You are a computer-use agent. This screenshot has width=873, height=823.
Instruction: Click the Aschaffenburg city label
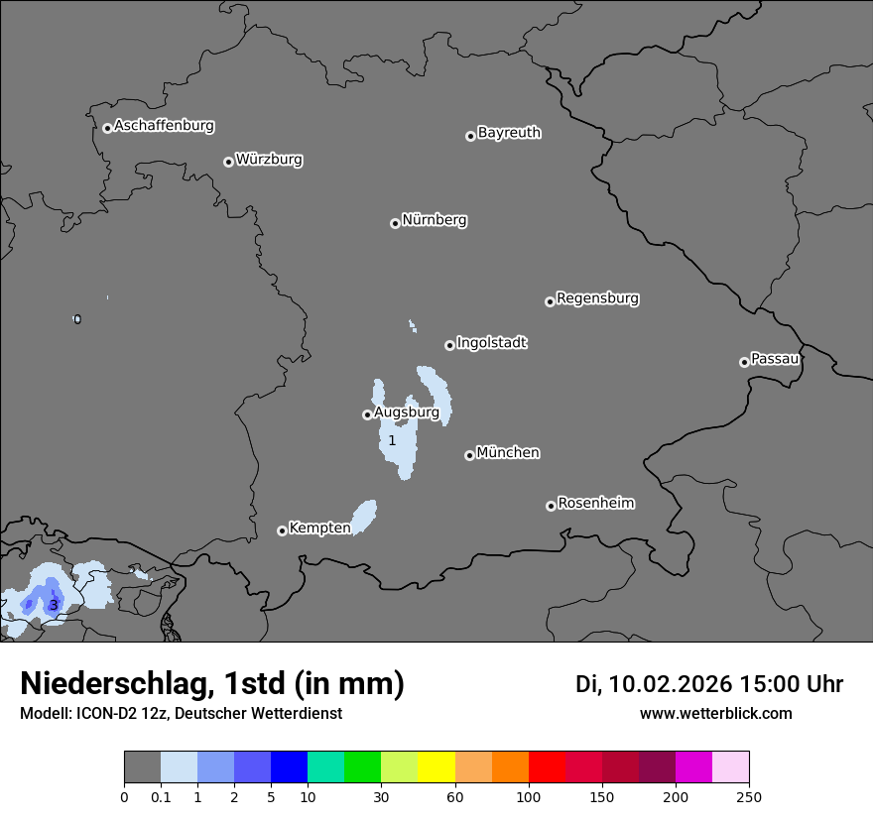(x=164, y=126)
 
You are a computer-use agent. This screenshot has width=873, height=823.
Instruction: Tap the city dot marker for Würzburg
(x=228, y=162)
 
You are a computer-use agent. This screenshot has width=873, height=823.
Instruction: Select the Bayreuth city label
(x=509, y=132)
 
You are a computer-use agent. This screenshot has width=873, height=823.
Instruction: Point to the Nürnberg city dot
(x=395, y=223)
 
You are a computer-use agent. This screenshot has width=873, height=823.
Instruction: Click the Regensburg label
(x=597, y=297)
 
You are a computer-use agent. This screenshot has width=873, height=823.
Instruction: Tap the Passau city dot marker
(x=744, y=362)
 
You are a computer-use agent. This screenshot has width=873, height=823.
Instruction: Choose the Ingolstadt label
(x=491, y=342)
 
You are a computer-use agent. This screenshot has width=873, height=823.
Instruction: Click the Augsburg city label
(x=406, y=411)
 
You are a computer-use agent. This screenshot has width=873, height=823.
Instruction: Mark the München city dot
(x=469, y=455)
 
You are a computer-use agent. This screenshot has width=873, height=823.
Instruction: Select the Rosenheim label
(x=595, y=503)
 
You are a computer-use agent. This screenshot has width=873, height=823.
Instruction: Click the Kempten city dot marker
(x=282, y=530)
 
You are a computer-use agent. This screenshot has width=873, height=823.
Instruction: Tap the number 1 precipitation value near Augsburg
(x=392, y=440)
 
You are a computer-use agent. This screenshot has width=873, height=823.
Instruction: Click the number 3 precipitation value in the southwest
(x=53, y=605)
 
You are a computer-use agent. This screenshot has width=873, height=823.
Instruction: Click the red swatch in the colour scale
(x=547, y=767)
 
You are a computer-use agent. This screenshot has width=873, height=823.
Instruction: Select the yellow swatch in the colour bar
(x=436, y=767)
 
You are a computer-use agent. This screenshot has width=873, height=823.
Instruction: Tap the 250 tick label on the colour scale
(x=749, y=796)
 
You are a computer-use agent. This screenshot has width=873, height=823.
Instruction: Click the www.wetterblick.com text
(x=715, y=713)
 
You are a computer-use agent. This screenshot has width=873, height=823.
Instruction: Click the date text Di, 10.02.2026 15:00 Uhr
(x=708, y=684)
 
